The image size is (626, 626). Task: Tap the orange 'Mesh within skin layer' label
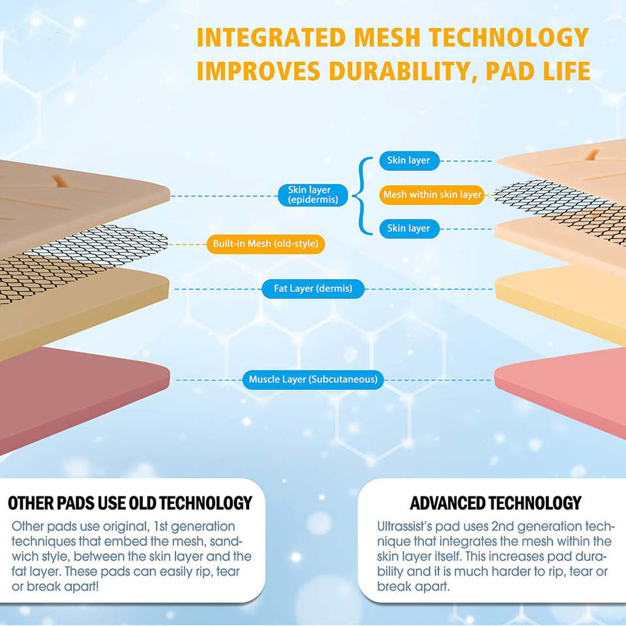click(x=432, y=194)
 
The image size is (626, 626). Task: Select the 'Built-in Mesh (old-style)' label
click(x=265, y=244)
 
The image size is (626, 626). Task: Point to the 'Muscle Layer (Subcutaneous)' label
click(x=313, y=379)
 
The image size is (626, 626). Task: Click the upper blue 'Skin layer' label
click(x=409, y=160)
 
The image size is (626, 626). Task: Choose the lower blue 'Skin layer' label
click(x=409, y=228)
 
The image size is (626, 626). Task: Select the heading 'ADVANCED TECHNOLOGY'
click(x=495, y=503)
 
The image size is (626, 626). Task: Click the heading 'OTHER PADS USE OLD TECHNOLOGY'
click(x=130, y=503)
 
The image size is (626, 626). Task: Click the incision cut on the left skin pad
click(x=59, y=181)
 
